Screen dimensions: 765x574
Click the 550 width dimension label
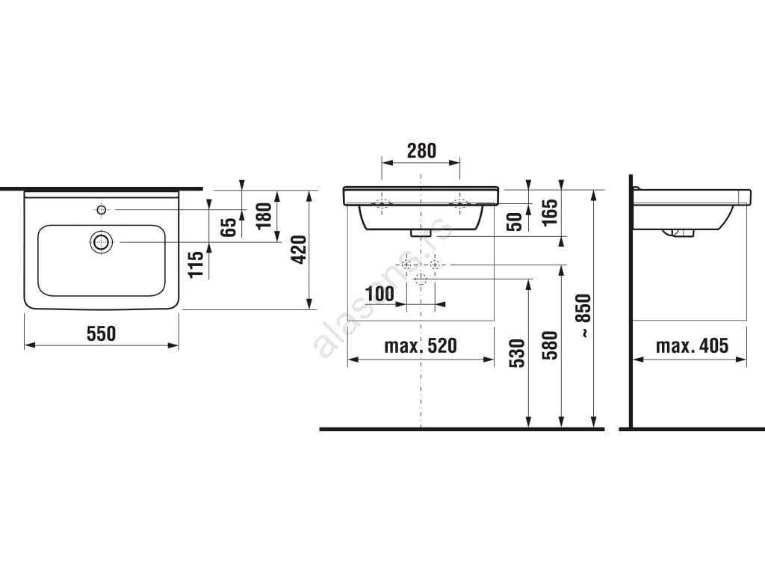(102, 334)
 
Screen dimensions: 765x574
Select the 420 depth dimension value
(299, 250)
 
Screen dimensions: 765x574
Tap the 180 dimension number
(264, 216)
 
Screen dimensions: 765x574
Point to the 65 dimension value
(229, 227)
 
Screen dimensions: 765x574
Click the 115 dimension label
(196, 264)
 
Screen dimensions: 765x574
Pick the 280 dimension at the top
(421, 151)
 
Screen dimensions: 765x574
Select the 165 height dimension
(550, 212)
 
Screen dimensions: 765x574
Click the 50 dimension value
(515, 221)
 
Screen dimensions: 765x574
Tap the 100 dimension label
(380, 293)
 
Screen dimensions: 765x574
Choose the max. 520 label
(421, 345)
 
